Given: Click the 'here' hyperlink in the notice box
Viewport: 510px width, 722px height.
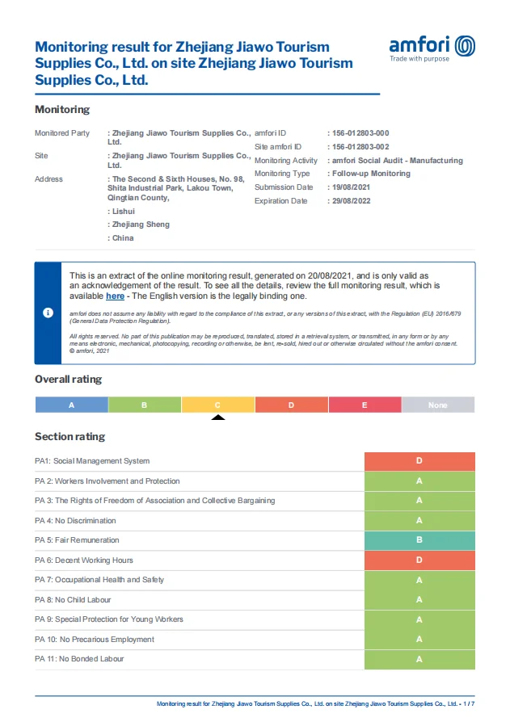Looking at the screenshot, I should tap(115, 296).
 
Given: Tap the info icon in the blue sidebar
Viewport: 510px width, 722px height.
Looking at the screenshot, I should tap(48, 313).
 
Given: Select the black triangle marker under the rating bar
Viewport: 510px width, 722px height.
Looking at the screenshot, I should tap(217, 417).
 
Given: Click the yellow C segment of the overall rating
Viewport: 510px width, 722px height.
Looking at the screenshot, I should tap(217, 405).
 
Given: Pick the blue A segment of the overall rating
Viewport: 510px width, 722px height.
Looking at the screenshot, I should tap(71, 405).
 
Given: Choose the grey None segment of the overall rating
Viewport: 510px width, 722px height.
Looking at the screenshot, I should tap(437, 405).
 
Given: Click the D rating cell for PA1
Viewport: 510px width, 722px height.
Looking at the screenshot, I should tap(419, 461).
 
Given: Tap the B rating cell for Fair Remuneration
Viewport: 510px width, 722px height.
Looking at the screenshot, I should tap(419, 540).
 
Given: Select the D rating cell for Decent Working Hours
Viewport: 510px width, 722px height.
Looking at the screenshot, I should tap(419, 560).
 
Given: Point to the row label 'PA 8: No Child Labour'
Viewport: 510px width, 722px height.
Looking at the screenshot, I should tap(73, 600).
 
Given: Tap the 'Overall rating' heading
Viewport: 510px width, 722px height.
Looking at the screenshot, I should tap(69, 379).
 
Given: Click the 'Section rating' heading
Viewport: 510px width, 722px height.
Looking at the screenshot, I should tap(70, 436).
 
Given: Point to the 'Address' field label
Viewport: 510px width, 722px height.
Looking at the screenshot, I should tap(48, 179).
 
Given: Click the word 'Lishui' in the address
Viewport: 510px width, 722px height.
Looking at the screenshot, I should tap(124, 211).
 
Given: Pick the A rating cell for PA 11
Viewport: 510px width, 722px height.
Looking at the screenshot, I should tap(419, 659).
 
